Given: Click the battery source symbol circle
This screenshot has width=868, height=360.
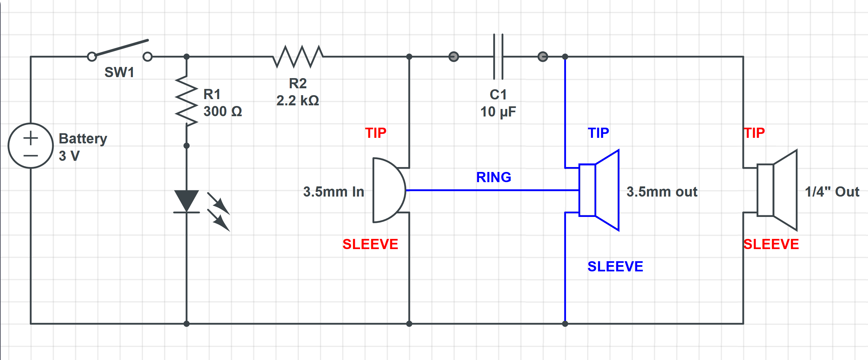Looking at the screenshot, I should click(31, 145).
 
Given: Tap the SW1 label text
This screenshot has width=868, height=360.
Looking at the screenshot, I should click(119, 73).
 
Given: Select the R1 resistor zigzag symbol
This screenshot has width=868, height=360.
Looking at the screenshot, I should click(186, 101).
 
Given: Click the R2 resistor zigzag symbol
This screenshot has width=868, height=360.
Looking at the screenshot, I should click(298, 56).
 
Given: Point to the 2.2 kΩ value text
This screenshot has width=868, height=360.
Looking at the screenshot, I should click(297, 101).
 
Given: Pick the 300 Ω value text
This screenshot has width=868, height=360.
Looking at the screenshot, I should click(222, 112).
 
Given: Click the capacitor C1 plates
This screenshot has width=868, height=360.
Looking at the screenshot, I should click(498, 56).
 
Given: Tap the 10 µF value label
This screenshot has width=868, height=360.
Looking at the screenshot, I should click(498, 112).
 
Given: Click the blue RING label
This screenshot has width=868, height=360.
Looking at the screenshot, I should click(493, 177).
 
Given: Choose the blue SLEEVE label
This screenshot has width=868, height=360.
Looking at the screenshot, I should click(615, 266).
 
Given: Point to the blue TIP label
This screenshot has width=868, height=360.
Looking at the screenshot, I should click(598, 133).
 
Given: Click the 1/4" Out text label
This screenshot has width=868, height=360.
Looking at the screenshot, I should click(832, 192).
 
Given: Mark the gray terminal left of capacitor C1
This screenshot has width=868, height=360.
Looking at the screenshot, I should click(454, 56).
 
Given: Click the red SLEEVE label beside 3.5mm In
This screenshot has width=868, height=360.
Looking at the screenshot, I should click(370, 244).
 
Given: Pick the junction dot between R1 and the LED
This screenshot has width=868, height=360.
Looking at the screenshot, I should click(186, 146).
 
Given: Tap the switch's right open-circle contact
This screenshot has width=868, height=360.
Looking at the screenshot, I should click(147, 56).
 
